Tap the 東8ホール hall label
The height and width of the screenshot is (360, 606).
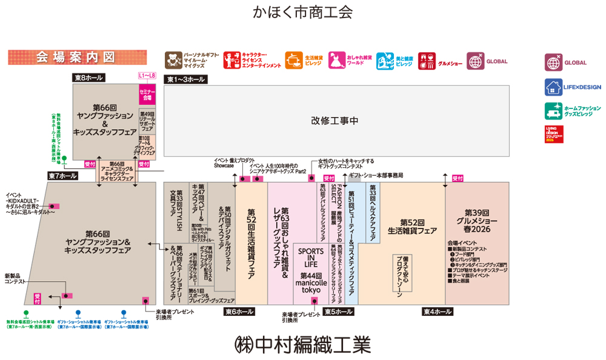coord(89,78)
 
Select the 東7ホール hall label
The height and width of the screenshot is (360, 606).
coord(63,176)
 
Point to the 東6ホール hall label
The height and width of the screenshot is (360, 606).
coord(239,312)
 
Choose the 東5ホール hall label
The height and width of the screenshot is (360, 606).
coord(338,312)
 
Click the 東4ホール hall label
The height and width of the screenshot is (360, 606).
coord(437,312)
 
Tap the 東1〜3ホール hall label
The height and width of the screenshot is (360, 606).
coord(186,79)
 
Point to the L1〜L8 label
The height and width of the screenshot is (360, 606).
coord(147,75)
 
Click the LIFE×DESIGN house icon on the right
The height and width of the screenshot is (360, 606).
coord(552,87)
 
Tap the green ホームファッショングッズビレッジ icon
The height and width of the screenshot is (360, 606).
coord(552,110)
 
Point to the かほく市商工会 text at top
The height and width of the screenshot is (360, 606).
coord(303,13)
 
